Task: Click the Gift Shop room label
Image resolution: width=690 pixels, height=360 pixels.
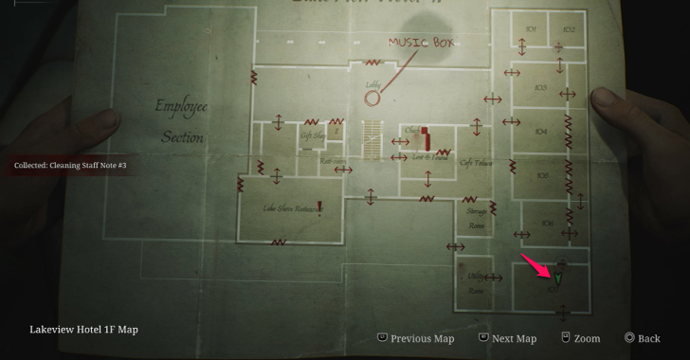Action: (x=312, y=135)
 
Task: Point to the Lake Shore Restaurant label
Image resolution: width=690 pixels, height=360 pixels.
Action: (x=289, y=208)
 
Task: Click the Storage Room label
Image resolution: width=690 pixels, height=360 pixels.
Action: (x=476, y=220)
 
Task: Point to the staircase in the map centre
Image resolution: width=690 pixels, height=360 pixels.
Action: (x=372, y=140)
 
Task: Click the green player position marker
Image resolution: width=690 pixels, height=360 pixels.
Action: (x=558, y=279)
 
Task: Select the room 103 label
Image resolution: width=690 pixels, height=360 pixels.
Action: (x=541, y=87)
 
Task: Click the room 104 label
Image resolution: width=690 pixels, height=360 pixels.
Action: (x=542, y=134)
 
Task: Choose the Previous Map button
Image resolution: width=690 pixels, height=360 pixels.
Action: (x=416, y=338)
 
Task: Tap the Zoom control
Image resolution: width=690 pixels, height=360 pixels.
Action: (x=580, y=338)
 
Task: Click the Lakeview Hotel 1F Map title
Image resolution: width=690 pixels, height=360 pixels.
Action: (x=83, y=330)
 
